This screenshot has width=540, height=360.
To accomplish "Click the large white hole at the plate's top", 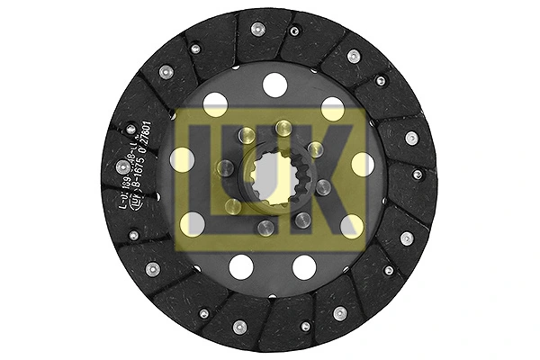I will click(x=274, y=85).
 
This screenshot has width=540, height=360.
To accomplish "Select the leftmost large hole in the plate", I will click(x=183, y=160).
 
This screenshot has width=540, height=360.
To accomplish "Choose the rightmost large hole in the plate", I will click(x=363, y=164).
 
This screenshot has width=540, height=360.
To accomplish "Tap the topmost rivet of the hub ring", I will click(x=283, y=127).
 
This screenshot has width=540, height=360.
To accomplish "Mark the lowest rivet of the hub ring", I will click(x=265, y=228).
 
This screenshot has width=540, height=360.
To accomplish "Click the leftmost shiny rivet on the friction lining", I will click(x=121, y=167).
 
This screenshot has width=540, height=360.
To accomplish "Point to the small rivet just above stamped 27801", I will click(x=131, y=129).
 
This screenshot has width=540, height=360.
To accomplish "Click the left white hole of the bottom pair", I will click(x=241, y=266).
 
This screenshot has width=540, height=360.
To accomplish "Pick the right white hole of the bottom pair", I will click(x=304, y=266).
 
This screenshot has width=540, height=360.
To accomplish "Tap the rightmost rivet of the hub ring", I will click(x=323, y=187).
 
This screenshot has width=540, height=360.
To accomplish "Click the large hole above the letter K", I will click(x=333, y=109).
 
